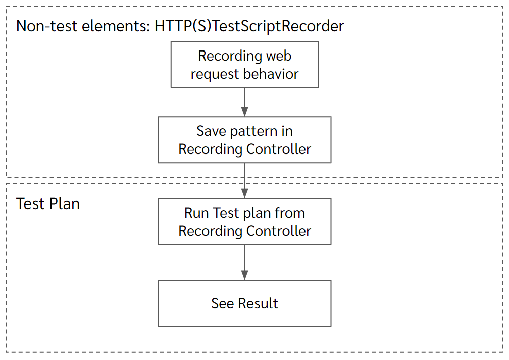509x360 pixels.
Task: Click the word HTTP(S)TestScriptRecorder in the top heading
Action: click(x=249, y=26)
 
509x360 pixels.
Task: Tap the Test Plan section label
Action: click(x=48, y=203)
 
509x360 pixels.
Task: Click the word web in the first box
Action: click(x=279, y=56)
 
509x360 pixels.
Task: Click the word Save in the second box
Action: click(x=212, y=131)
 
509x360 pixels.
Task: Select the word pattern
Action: click(x=254, y=131)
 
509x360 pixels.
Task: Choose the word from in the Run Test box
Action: click(x=290, y=213)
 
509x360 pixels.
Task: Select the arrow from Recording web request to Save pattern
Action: click(x=245, y=102)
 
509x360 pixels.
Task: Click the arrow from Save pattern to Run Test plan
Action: click(x=245, y=180)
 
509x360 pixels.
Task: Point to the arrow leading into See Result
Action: click(x=245, y=263)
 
